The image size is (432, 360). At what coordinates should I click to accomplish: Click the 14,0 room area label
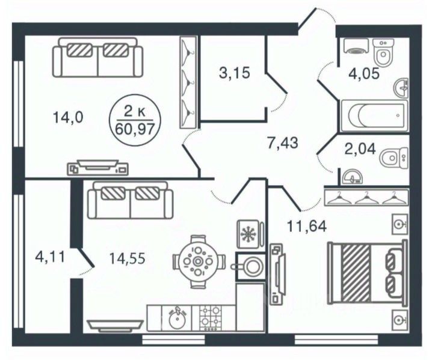coord(68,118)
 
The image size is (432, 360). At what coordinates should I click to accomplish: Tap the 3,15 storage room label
coord(235,73)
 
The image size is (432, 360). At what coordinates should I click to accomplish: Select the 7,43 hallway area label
coord(283,143)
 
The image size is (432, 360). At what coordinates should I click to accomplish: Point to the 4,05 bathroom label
coord(364,74)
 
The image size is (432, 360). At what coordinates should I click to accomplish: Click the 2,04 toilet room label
coord(360,149)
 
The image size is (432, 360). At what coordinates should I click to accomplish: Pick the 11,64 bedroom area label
coord(307,226)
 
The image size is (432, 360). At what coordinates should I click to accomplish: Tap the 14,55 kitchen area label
coord(128,258)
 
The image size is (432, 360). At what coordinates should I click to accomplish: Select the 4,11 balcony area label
coord(50,257)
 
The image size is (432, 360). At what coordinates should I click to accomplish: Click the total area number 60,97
coord(135,129)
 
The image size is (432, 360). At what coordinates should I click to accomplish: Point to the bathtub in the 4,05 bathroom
coord(374,116)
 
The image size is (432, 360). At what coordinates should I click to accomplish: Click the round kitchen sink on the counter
coord(177,320)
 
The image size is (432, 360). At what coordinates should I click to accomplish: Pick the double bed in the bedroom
coord(367,273)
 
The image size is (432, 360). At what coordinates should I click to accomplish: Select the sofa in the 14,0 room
coord(98,58)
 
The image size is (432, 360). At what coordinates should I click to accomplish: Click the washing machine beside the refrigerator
coord(251,266)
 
